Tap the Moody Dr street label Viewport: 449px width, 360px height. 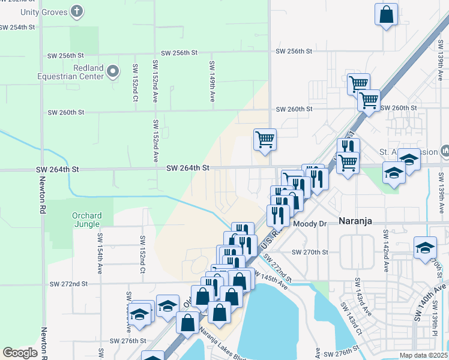click(311, 223)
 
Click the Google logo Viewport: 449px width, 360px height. click(20, 353)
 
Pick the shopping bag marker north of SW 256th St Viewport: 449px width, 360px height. click(387, 15)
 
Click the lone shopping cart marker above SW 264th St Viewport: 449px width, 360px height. click(265, 140)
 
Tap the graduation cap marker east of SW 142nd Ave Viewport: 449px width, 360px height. click(425, 247)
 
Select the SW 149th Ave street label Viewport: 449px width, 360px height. click(212, 81)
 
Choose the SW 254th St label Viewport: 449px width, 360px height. click(22, 28)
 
